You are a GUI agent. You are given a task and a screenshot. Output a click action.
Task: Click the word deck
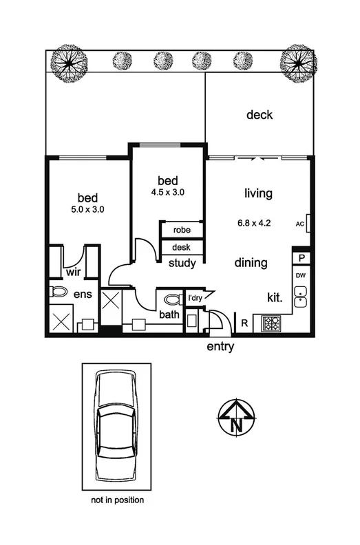pos(260,115)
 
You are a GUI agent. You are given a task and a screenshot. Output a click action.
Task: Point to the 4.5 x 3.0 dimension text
pos(169,193)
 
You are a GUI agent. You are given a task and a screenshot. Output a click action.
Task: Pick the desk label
pos(182,248)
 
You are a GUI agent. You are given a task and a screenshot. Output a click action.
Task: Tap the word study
pos(182,263)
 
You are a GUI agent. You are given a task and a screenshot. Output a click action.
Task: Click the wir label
pos(74,272)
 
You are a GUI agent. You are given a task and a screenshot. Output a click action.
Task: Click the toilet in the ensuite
pos(58,292)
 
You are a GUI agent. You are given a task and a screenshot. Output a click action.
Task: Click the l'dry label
pos(195,298)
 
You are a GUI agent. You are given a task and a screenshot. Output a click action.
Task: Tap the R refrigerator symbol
pos(244,321)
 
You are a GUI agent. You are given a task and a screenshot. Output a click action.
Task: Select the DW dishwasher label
pos(300,276)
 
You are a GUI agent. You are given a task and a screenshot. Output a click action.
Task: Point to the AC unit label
pos(300,224)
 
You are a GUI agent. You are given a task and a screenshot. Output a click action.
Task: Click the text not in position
pos(118,500)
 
